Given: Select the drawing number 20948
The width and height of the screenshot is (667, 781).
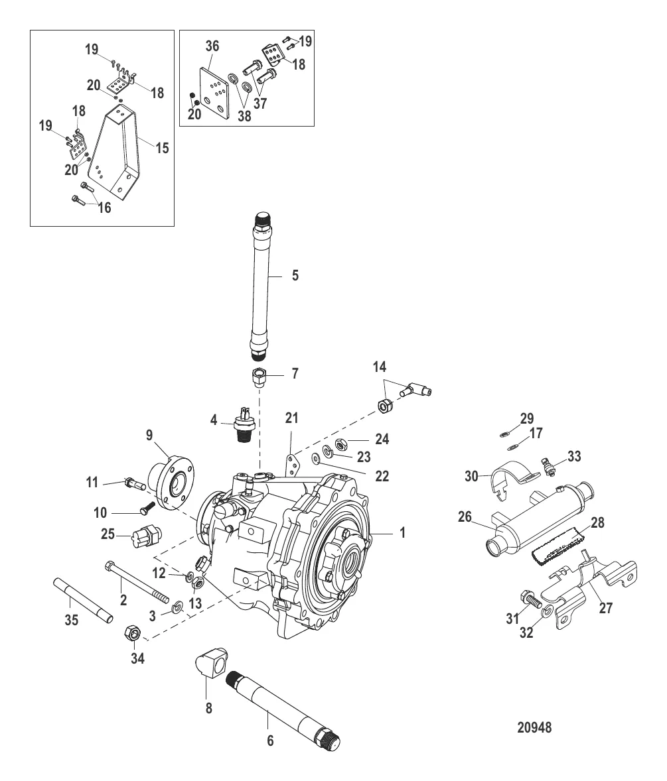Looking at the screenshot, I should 534,727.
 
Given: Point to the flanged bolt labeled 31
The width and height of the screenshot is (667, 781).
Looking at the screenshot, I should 530,597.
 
